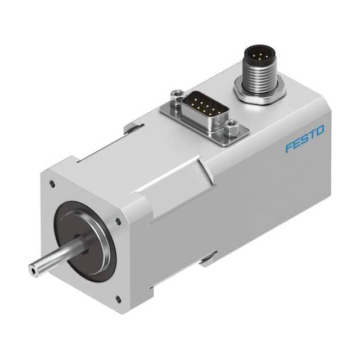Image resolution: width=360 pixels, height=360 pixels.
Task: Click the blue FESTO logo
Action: [304, 139]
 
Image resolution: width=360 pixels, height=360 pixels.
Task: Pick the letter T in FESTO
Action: [312, 135]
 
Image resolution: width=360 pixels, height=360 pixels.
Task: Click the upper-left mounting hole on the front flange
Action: [52, 182]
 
